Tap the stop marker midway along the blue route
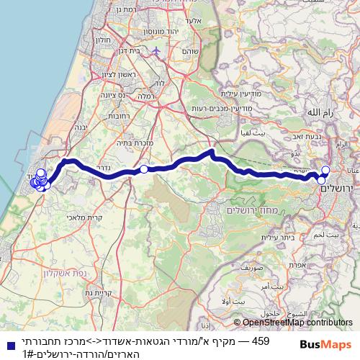coord(144,169)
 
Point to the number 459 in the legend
coord(263,338)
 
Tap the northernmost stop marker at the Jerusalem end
coord(325,170)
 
